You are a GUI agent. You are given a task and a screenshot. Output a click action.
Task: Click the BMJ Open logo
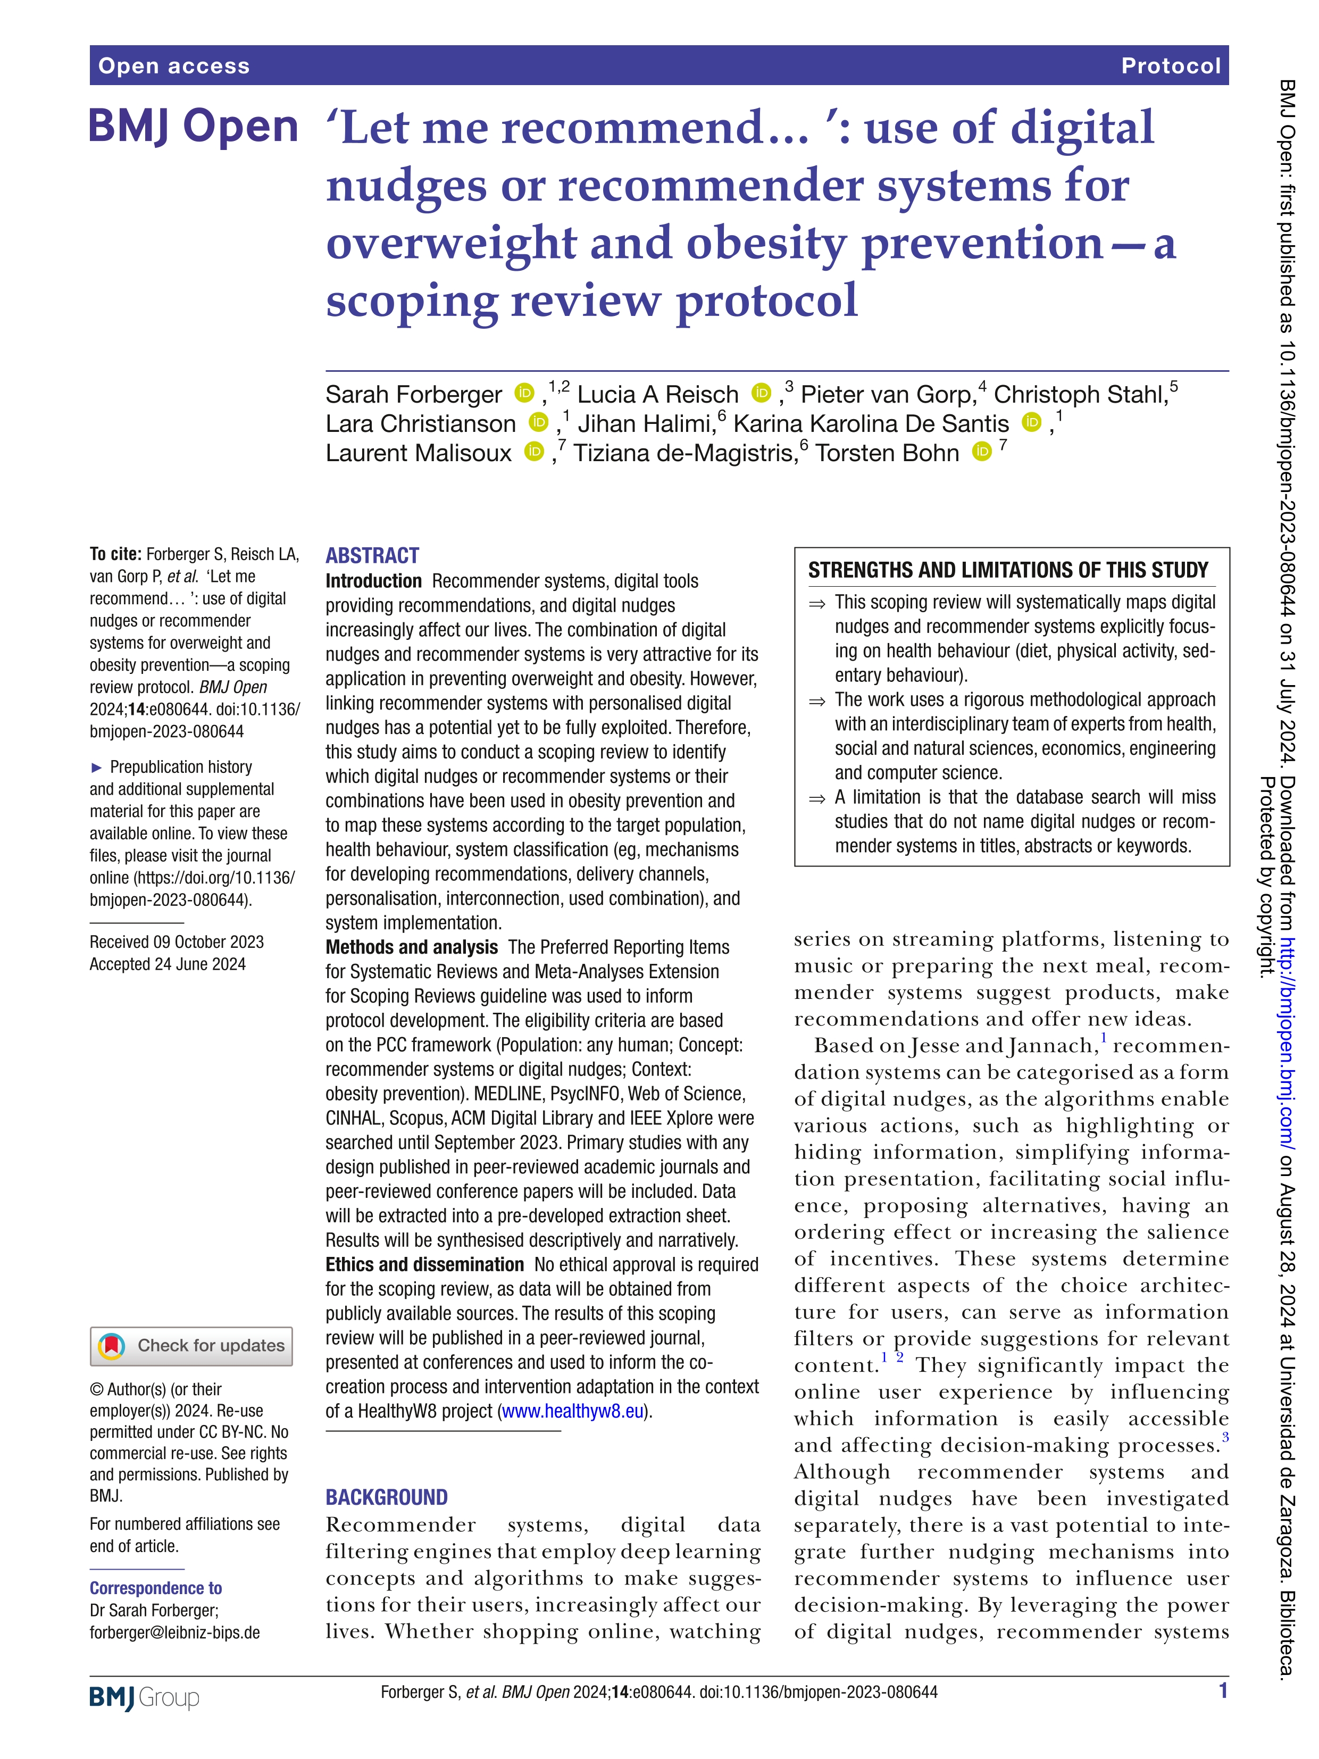193,127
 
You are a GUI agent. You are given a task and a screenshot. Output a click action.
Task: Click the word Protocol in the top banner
1170,66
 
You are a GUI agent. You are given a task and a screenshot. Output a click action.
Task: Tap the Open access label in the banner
174,66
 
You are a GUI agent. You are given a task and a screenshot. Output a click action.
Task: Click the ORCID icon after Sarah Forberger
524,393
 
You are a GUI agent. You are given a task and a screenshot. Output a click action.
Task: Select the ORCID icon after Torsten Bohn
983,452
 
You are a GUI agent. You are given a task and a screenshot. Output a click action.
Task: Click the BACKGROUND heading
387,1497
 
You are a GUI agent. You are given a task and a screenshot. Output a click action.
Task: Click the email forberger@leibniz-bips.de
175,1632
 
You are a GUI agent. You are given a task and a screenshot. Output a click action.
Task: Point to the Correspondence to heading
156,1588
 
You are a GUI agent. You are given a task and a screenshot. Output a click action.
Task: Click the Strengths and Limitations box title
1007,570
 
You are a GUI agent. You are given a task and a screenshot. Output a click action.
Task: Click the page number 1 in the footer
1223,1690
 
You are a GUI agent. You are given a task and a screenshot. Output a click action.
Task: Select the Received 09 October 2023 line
177,941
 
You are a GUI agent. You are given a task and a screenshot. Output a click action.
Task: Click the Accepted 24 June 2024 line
168,964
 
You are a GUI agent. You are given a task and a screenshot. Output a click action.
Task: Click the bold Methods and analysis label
411,947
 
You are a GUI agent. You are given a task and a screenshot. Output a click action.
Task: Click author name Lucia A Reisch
657,395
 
